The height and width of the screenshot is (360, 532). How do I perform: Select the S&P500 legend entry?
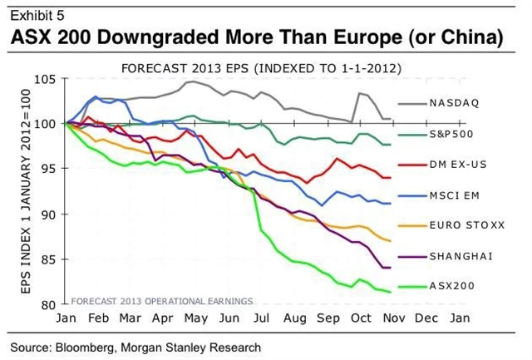pos(453,134)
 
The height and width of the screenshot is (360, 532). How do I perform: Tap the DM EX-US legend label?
pos(458,165)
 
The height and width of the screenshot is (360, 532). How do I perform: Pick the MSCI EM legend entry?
pos(456,195)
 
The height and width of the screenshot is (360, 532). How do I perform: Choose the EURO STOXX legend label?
pos(462,225)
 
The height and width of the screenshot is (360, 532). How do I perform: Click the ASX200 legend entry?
pos(454,286)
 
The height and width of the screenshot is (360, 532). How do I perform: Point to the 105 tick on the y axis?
pos(47,79)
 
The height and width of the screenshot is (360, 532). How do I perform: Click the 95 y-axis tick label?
pos(50,169)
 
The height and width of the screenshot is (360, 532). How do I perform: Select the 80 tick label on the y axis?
pos(50,304)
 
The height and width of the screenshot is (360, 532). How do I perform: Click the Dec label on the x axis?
pos(427,318)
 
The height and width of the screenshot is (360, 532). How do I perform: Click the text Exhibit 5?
pos(35,15)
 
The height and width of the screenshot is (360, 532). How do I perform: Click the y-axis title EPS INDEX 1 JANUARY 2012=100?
pos(21,191)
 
